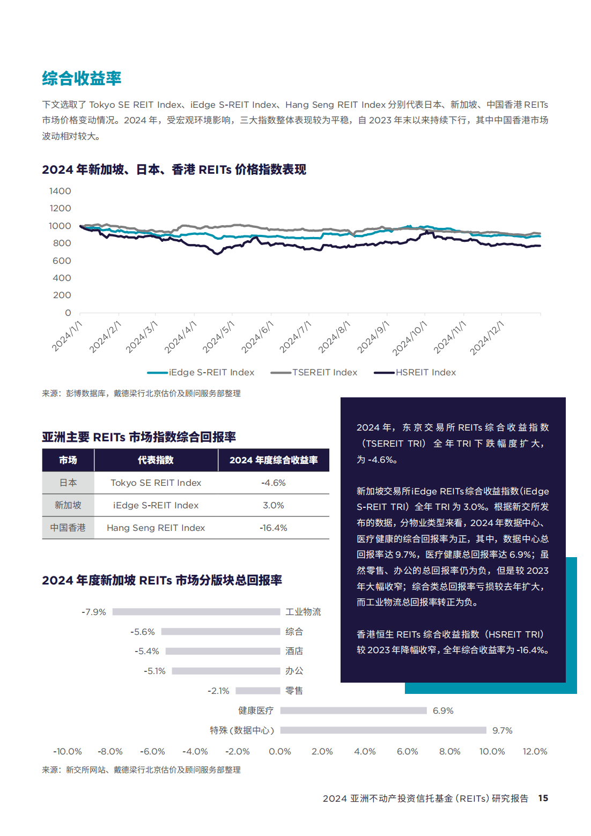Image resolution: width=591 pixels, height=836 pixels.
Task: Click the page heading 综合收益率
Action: point(82,78)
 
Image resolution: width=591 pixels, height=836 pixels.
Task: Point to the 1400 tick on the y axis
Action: point(60,191)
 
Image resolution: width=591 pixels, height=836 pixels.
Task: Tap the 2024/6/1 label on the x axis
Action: point(257,337)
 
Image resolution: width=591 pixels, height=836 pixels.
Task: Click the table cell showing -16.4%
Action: point(274,528)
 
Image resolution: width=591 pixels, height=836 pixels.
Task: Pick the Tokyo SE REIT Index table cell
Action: point(156,483)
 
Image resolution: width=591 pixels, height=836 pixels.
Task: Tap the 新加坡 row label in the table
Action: point(68,506)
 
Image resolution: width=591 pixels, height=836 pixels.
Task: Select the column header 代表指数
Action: point(156,461)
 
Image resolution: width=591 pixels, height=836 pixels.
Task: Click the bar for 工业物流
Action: point(196,612)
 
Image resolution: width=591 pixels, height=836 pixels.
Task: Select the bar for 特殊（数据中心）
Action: point(383,730)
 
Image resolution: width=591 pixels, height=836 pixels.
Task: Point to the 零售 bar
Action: point(258,691)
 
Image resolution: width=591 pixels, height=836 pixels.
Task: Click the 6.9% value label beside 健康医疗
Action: point(443,711)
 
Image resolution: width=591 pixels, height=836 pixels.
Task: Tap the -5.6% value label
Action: point(143,632)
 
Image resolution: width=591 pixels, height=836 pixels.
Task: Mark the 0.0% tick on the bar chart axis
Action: point(280,752)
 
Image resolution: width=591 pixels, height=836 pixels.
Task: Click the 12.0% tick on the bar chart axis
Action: point(535,752)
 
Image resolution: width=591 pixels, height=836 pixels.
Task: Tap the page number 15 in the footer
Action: point(543,798)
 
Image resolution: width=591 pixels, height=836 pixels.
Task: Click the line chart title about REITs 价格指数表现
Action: point(174,170)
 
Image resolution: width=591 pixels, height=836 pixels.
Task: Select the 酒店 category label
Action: point(294,652)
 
